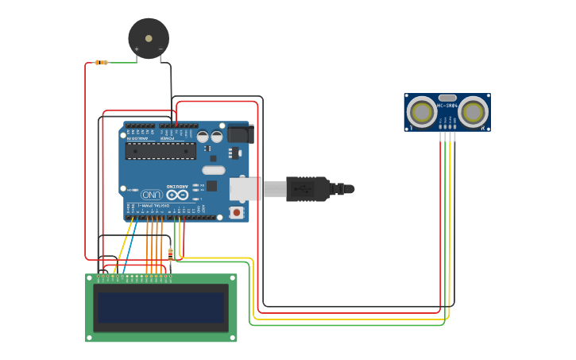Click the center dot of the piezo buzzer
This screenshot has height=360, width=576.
(149, 38)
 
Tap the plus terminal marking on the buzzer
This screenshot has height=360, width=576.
(137, 49)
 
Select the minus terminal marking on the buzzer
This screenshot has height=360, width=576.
(160, 49)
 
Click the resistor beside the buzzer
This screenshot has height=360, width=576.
(101, 62)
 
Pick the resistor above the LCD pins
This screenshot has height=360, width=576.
(170, 255)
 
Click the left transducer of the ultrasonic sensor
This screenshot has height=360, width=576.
(421, 112)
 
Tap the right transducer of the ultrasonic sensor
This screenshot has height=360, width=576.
(474, 112)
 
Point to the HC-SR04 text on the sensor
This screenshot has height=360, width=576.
(447, 106)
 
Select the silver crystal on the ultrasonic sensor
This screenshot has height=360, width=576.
(447, 98)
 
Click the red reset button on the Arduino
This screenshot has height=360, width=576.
(236, 211)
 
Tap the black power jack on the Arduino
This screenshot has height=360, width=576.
(238, 133)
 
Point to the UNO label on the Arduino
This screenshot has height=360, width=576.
(152, 194)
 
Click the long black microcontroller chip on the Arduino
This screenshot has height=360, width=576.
(160, 151)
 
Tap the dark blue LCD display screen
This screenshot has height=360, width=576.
(160, 307)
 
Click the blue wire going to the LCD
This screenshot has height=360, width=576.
(130, 246)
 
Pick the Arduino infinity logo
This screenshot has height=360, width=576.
(177, 194)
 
